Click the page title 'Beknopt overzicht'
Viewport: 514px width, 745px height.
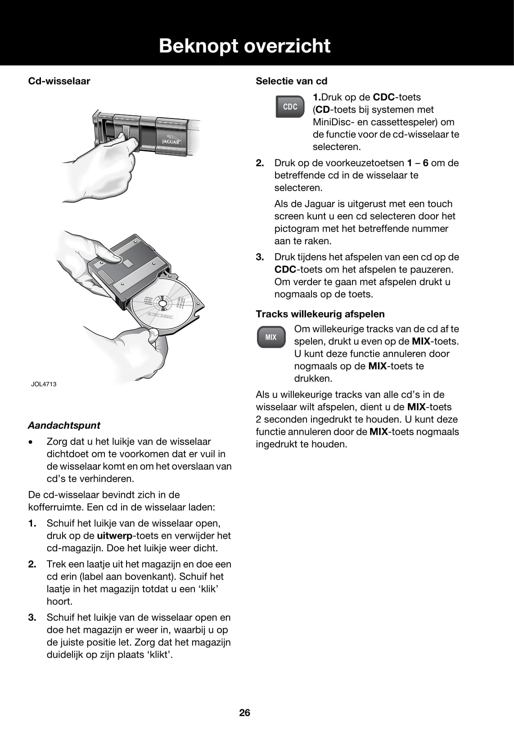[244, 46]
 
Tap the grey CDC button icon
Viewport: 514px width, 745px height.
[290, 107]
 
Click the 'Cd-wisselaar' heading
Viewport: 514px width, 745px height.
[59, 81]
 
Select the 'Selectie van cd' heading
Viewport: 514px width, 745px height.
[291, 81]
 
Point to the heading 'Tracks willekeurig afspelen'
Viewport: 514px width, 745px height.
[320, 314]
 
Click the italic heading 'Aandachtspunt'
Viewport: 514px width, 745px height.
[64, 425]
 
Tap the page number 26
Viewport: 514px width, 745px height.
[245, 713]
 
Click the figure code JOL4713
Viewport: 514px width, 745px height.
[44, 384]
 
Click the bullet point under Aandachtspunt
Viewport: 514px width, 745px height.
[30, 442]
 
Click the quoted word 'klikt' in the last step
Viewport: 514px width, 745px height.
[161, 654]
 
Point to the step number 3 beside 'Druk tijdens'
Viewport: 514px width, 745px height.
[260, 257]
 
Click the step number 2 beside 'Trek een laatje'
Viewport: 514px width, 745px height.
[32, 564]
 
